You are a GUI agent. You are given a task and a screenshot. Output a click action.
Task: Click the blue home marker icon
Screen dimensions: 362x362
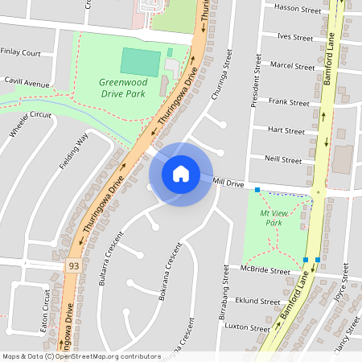click(x=181, y=173)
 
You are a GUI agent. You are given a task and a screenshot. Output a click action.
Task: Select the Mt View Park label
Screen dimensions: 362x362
click(x=275, y=216)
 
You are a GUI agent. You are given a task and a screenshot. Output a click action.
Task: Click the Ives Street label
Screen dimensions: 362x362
click(x=294, y=37)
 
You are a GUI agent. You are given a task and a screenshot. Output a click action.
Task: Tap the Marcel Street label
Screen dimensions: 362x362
click(x=293, y=64)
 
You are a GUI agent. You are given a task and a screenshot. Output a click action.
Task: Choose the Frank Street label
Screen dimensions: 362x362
click(x=289, y=102)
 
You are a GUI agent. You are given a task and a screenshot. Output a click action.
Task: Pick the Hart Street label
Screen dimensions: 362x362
click(x=286, y=130)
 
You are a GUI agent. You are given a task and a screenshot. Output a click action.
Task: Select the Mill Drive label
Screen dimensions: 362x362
click(x=228, y=183)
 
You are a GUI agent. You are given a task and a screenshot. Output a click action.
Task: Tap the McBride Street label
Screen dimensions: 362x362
click(x=265, y=272)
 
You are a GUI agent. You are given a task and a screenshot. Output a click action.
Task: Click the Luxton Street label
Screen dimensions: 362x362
click(x=249, y=328)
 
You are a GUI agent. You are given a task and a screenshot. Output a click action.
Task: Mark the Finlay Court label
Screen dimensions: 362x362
click(x=21, y=52)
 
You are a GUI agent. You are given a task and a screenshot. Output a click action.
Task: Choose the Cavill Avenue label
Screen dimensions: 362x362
click(x=26, y=82)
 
